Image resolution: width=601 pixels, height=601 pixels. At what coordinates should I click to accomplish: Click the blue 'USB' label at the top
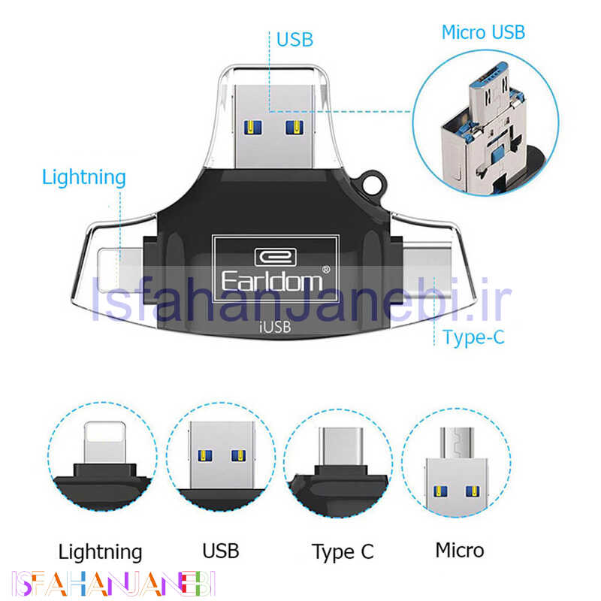(x=294, y=40)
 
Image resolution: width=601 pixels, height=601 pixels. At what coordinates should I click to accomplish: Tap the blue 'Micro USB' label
(x=483, y=32)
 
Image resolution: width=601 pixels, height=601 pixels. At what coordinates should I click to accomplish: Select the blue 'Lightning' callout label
(x=83, y=178)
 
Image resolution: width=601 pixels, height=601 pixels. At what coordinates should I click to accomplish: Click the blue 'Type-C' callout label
(x=473, y=337)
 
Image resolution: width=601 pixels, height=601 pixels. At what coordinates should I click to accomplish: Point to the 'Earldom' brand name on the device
(x=272, y=282)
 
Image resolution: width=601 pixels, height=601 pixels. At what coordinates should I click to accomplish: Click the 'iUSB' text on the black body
(x=275, y=327)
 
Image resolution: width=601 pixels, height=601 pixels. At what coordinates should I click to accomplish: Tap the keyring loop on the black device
(x=373, y=183)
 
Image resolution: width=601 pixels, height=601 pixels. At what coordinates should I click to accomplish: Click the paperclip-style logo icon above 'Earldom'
(x=275, y=257)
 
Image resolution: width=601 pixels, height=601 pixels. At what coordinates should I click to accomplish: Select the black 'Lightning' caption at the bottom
(x=100, y=552)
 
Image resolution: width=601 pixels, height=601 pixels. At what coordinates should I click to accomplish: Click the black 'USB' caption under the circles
(x=221, y=551)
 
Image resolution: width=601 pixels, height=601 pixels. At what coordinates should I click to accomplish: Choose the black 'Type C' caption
(x=343, y=552)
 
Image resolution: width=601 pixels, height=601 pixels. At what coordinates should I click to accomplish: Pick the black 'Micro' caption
(x=460, y=551)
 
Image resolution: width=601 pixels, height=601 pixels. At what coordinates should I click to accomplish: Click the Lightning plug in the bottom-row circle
(x=104, y=442)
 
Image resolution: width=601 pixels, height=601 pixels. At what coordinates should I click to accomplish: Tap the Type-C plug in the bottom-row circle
(x=341, y=446)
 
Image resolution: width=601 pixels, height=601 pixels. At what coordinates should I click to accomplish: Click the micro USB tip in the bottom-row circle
(x=457, y=443)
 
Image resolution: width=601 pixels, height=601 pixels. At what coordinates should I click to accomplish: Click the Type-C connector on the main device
(x=426, y=270)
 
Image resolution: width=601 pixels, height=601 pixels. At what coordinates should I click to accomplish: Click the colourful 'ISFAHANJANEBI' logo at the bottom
(x=114, y=584)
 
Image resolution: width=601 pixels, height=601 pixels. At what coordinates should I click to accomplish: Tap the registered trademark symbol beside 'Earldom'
(x=326, y=270)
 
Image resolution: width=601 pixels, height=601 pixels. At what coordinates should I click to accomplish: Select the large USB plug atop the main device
(x=273, y=126)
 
